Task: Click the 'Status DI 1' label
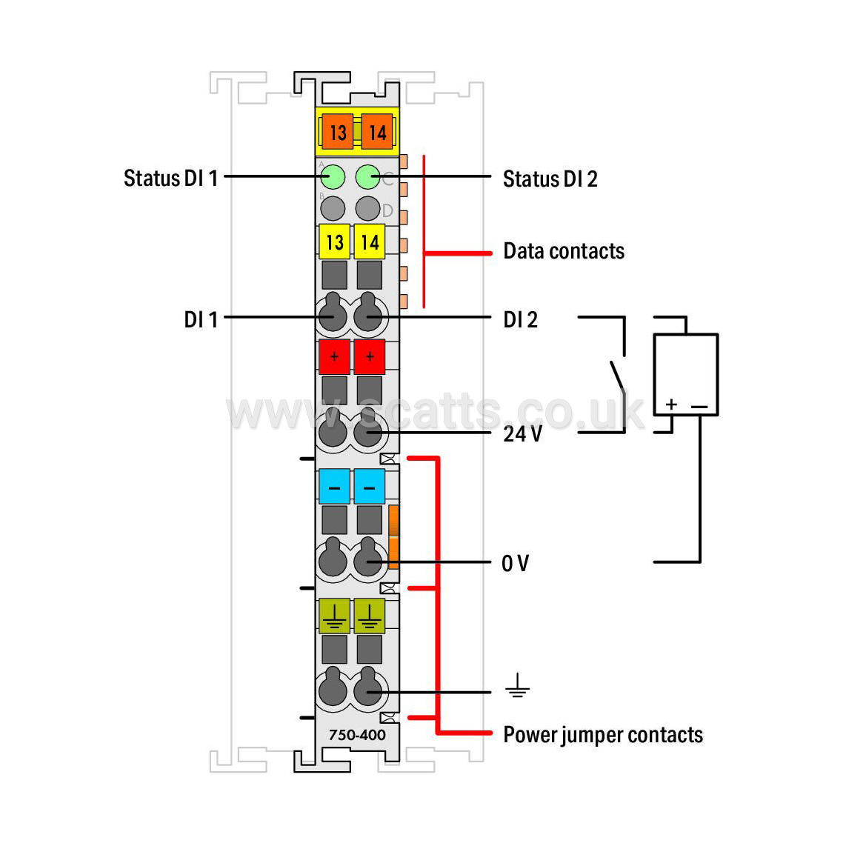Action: click(170, 178)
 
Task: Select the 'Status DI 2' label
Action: click(550, 179)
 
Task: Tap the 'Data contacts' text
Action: click(564, 251)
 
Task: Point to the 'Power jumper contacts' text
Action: click(603, 735)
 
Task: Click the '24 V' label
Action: click(522, 434)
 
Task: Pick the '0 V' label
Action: click(516, 563)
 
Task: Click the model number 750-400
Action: click(357, 735)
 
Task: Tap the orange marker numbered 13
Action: click(337, 132)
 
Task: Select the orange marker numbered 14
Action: click(377, 132)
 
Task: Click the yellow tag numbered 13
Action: click(335, 242)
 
